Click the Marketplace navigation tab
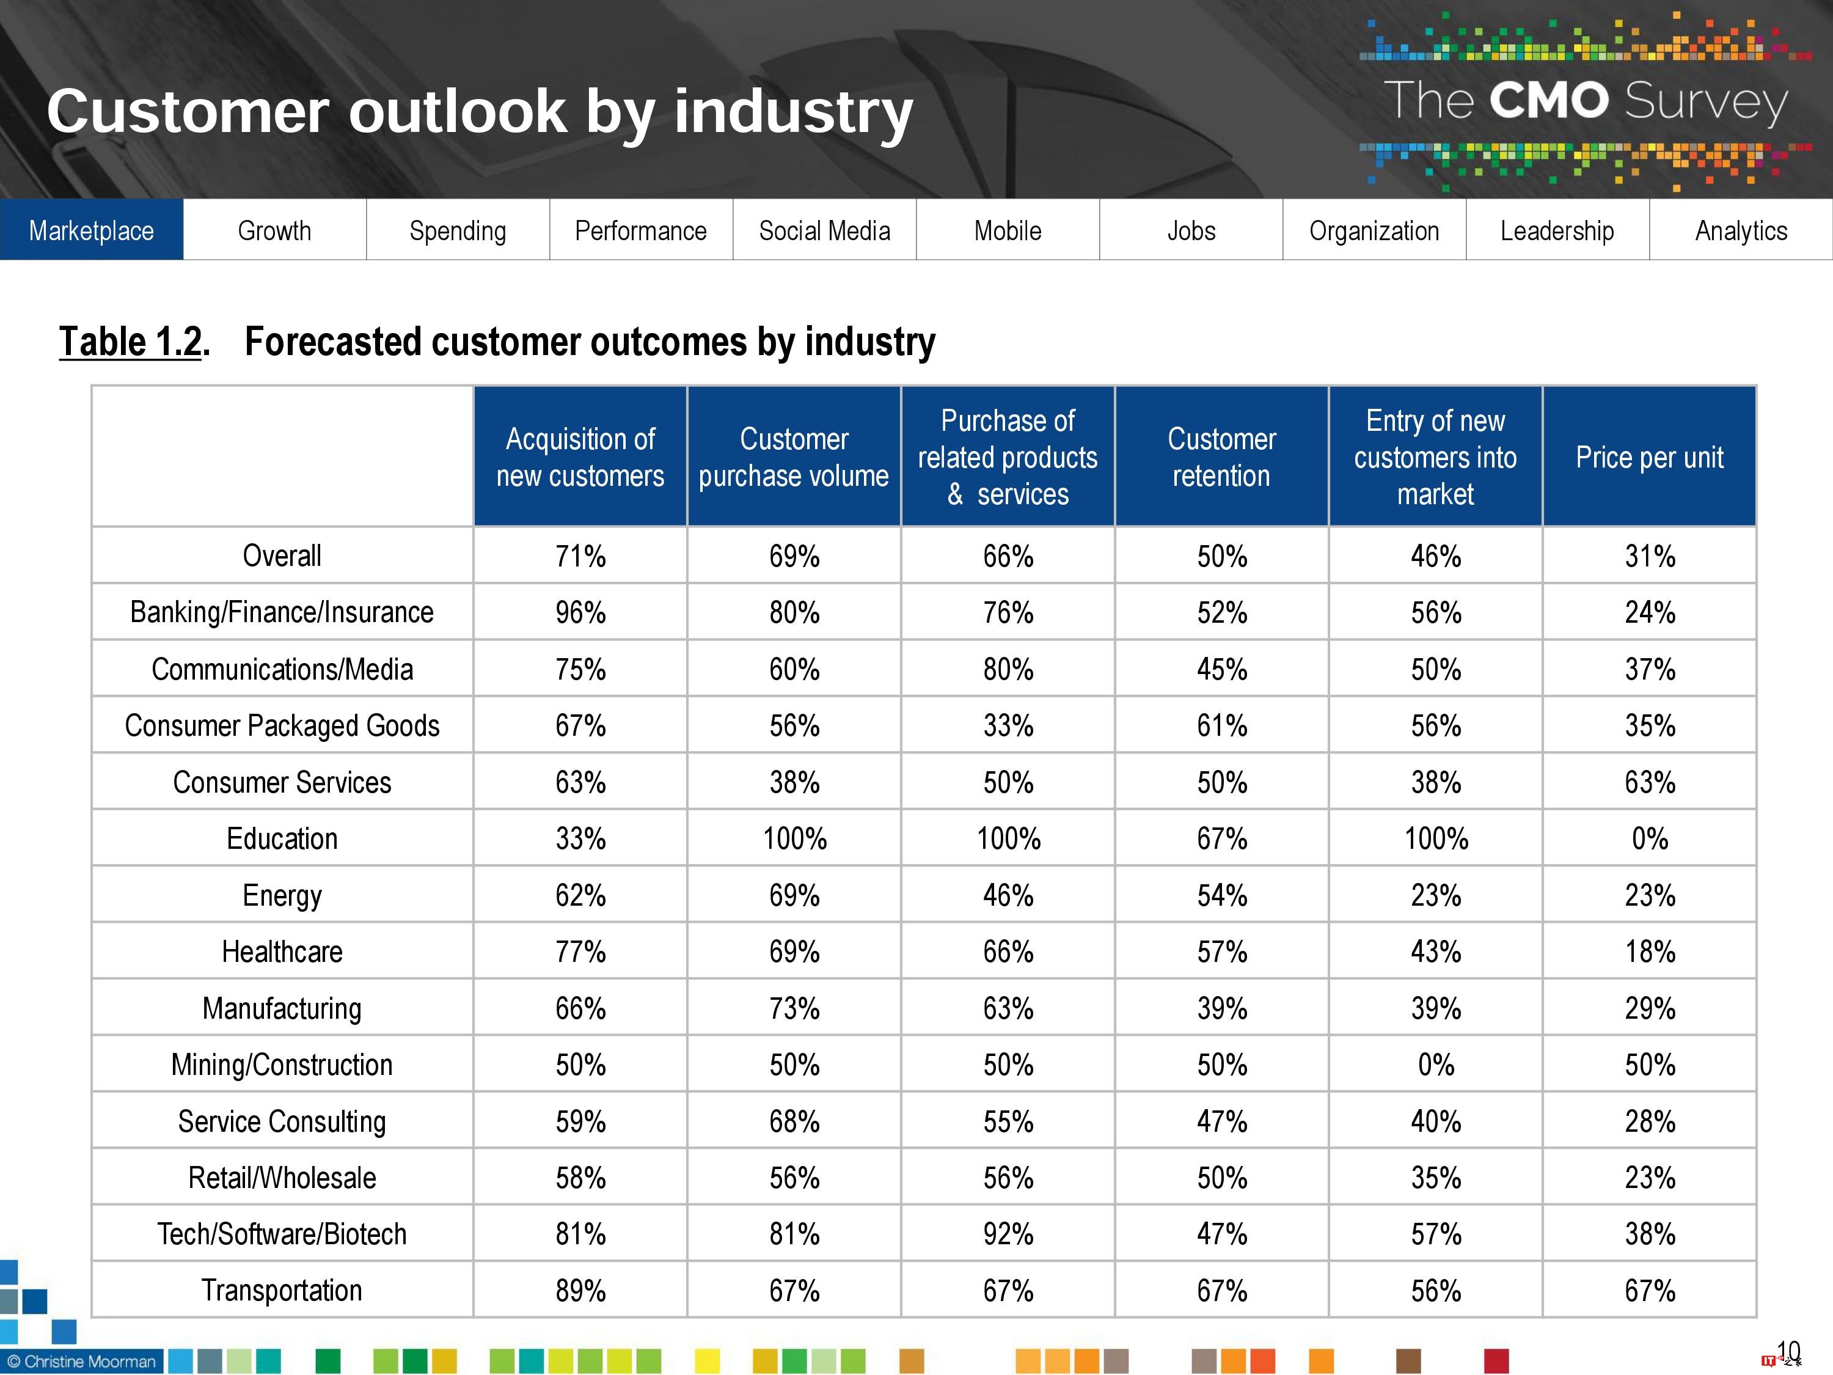pyautogui.click(x=91, y=230)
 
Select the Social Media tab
pyautogui.click(x=824, y=230)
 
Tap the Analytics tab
pyautogui.click(x=1741, y=230)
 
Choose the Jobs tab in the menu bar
pyautogui.click(x=1191, y=230)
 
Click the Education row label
pyautogui.click(x=282, y=839)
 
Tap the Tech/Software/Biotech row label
pyautogui.click(x=282, y=1234)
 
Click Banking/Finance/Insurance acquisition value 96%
pyautogui.click(x=580, y=612)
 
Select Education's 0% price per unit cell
pyautogui.click(x=1649, y=839)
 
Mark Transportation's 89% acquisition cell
pyautogui.click(x=580, y=1291)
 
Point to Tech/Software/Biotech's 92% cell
pyautogui.click(x=1008, y=1234)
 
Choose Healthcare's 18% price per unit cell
pyautogui.click(x=1649, y=952)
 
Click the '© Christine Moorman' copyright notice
pyautogui.click(x=81, y=1362)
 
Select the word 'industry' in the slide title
pyautogui.click(x=793, y=112)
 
